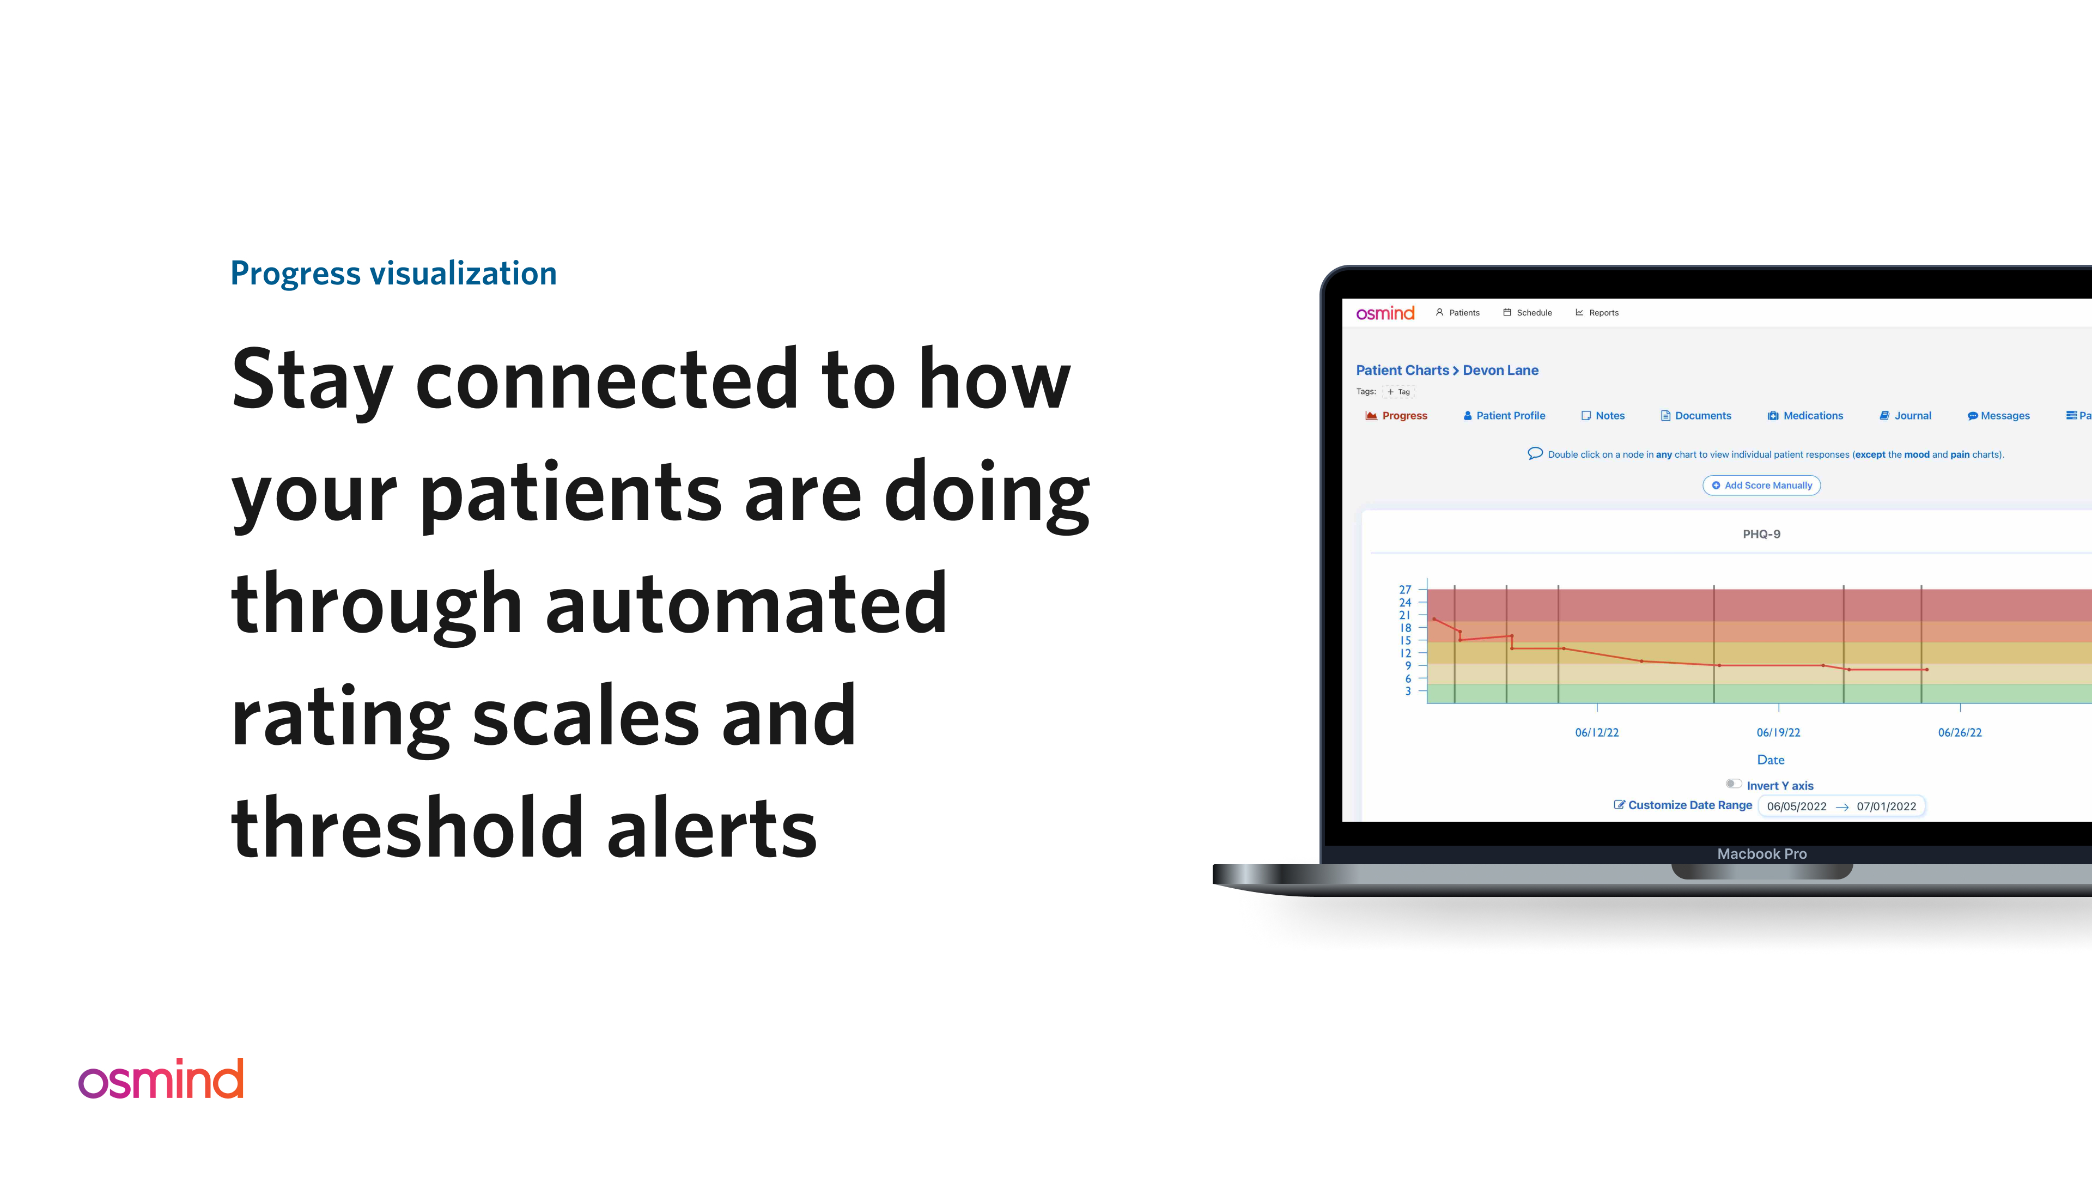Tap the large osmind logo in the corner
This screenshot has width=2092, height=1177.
tap(161, 1079)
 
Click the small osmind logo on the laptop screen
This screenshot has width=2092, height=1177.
tap(1385, 313)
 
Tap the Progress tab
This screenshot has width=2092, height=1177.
tap(1397, 416)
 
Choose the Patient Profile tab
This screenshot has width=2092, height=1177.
tap(1504, 416)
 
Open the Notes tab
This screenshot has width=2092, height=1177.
tap(1603, 416)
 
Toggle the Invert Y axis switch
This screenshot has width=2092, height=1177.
tap(1733, 784)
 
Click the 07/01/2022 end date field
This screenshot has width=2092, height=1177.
tap(1886, 806)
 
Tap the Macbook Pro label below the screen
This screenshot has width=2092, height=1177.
tap(1761, 854)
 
